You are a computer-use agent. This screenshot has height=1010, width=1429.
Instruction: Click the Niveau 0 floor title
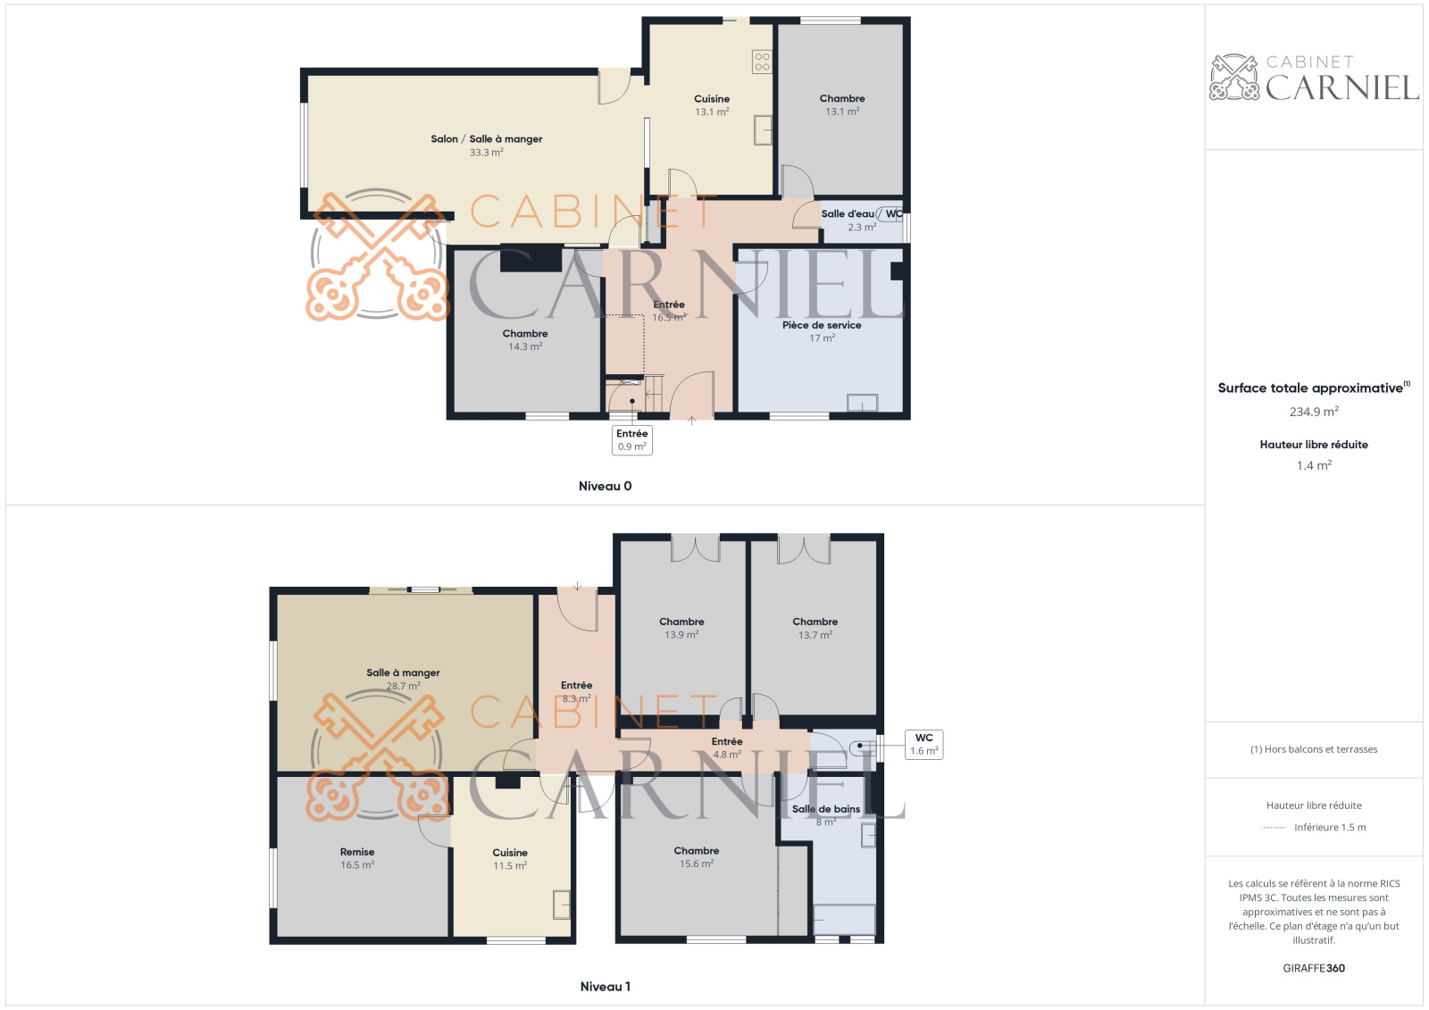click(605, 486)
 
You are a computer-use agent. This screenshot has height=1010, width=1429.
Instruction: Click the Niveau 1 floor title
click(605, 987)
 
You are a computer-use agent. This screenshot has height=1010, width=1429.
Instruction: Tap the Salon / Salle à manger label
click(486, 139)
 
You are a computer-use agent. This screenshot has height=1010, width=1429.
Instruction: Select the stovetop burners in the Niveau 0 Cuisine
click(762, 62)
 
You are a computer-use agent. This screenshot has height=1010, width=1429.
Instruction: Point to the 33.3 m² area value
click(486, 153)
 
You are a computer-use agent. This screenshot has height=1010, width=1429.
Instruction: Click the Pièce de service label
click(822, 325)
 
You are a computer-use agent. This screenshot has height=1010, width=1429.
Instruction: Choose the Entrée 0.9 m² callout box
click(631, 440)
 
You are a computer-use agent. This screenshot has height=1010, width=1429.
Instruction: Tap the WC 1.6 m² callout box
click(923, 745)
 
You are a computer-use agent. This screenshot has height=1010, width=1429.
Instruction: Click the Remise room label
click(357, 852)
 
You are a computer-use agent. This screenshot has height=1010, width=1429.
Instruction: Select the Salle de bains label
click(826, 809)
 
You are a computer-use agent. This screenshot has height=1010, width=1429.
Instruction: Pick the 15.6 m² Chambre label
click(697, 850)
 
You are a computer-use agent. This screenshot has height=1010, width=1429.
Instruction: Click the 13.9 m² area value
click(681, 635)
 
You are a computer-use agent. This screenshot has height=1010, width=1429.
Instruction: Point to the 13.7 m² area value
click(815, 635)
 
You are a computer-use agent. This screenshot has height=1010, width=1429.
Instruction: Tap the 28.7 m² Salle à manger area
click(403, 686)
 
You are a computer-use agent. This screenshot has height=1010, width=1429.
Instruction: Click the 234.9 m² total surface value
click(1314, 412)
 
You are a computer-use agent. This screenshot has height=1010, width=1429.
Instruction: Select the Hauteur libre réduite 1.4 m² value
click(1314, 465)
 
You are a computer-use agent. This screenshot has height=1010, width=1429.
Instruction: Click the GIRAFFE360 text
click(1314, 968)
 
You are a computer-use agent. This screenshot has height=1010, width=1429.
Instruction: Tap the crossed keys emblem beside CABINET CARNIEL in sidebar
click(1234, 77)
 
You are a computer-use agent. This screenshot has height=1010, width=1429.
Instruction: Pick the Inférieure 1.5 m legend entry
click(1330, 828)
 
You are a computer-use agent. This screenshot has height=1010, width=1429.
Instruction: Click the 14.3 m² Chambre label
click(525, 334)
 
